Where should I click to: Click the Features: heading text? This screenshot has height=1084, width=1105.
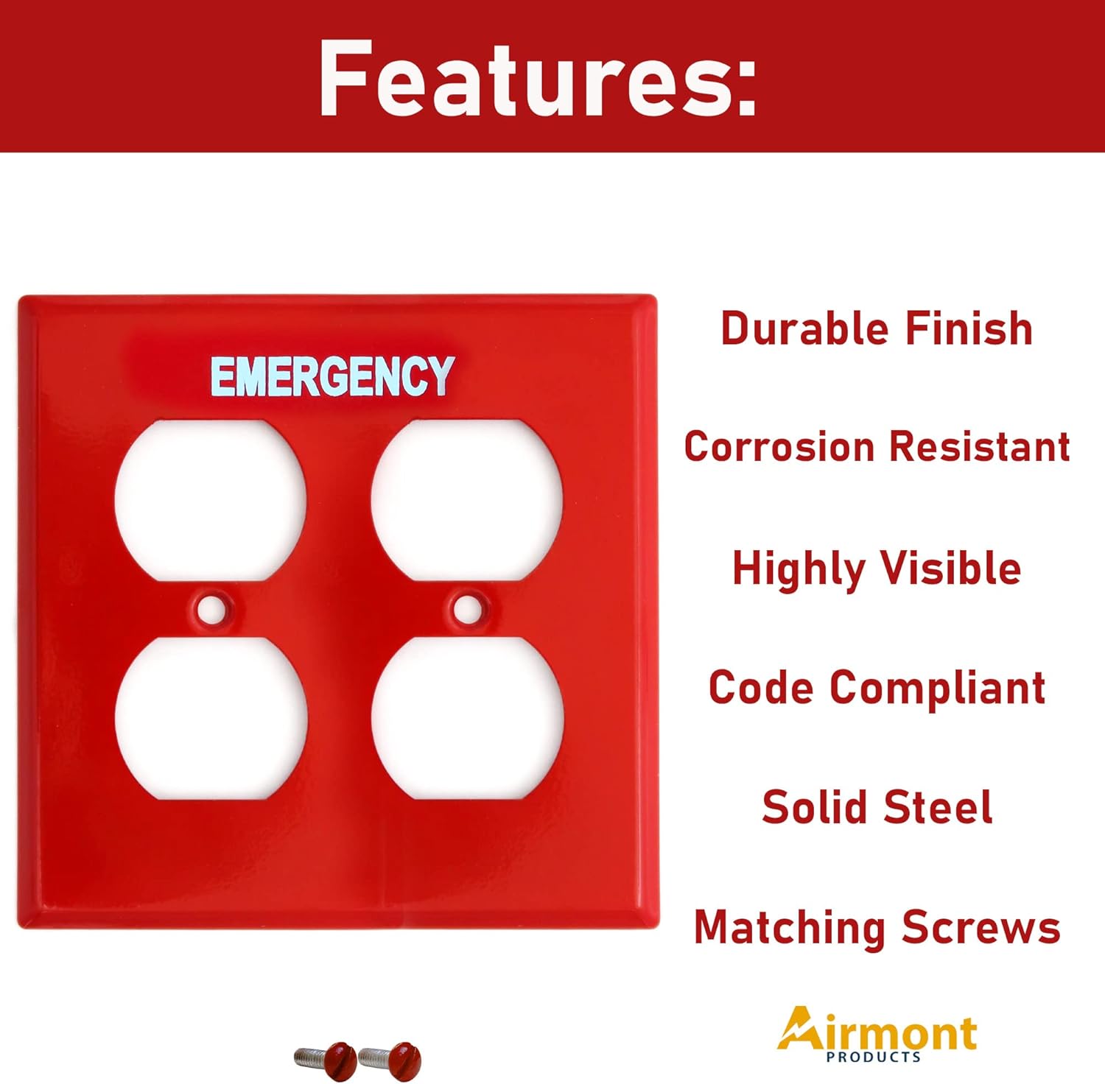coord(537,78)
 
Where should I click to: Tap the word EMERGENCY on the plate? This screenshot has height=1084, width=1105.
coord(331,376)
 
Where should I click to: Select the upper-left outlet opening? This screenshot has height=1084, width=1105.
coord(211,500)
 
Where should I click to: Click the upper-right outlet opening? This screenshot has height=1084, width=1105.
coord(467,500)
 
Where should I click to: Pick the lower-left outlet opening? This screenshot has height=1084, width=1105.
coord(211,718)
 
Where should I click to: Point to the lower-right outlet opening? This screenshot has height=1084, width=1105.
coord(468,718)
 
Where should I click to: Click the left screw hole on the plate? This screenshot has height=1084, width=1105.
coord(212,609)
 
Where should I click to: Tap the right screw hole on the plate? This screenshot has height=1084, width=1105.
coord(467,609)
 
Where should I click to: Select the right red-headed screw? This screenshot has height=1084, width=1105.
coord(390,1060)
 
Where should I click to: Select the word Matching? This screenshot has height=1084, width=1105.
coord(790,928)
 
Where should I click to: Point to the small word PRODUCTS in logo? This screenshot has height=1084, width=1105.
coord(874,1057)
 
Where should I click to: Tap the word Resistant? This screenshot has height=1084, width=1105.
coord(980,447)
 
